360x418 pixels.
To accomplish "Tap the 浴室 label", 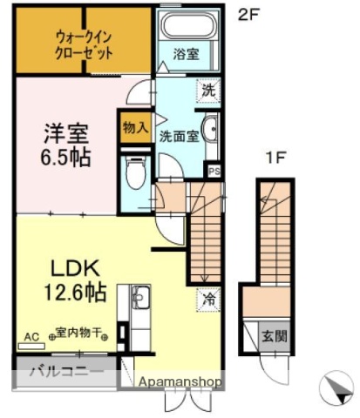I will pyautogui.click(x=185, y=53).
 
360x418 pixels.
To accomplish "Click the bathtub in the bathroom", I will pyautogui.click(x=186, y=26).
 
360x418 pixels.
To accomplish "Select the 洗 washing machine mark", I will pyautogui.click(x=209, y=88).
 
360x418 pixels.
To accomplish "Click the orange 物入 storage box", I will pyautogui.click(x=134, y=126).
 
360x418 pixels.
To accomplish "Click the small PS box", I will pyautogui.click(x=213, y=171).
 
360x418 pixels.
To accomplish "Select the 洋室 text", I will pyautogui.click(x=66, y=135).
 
